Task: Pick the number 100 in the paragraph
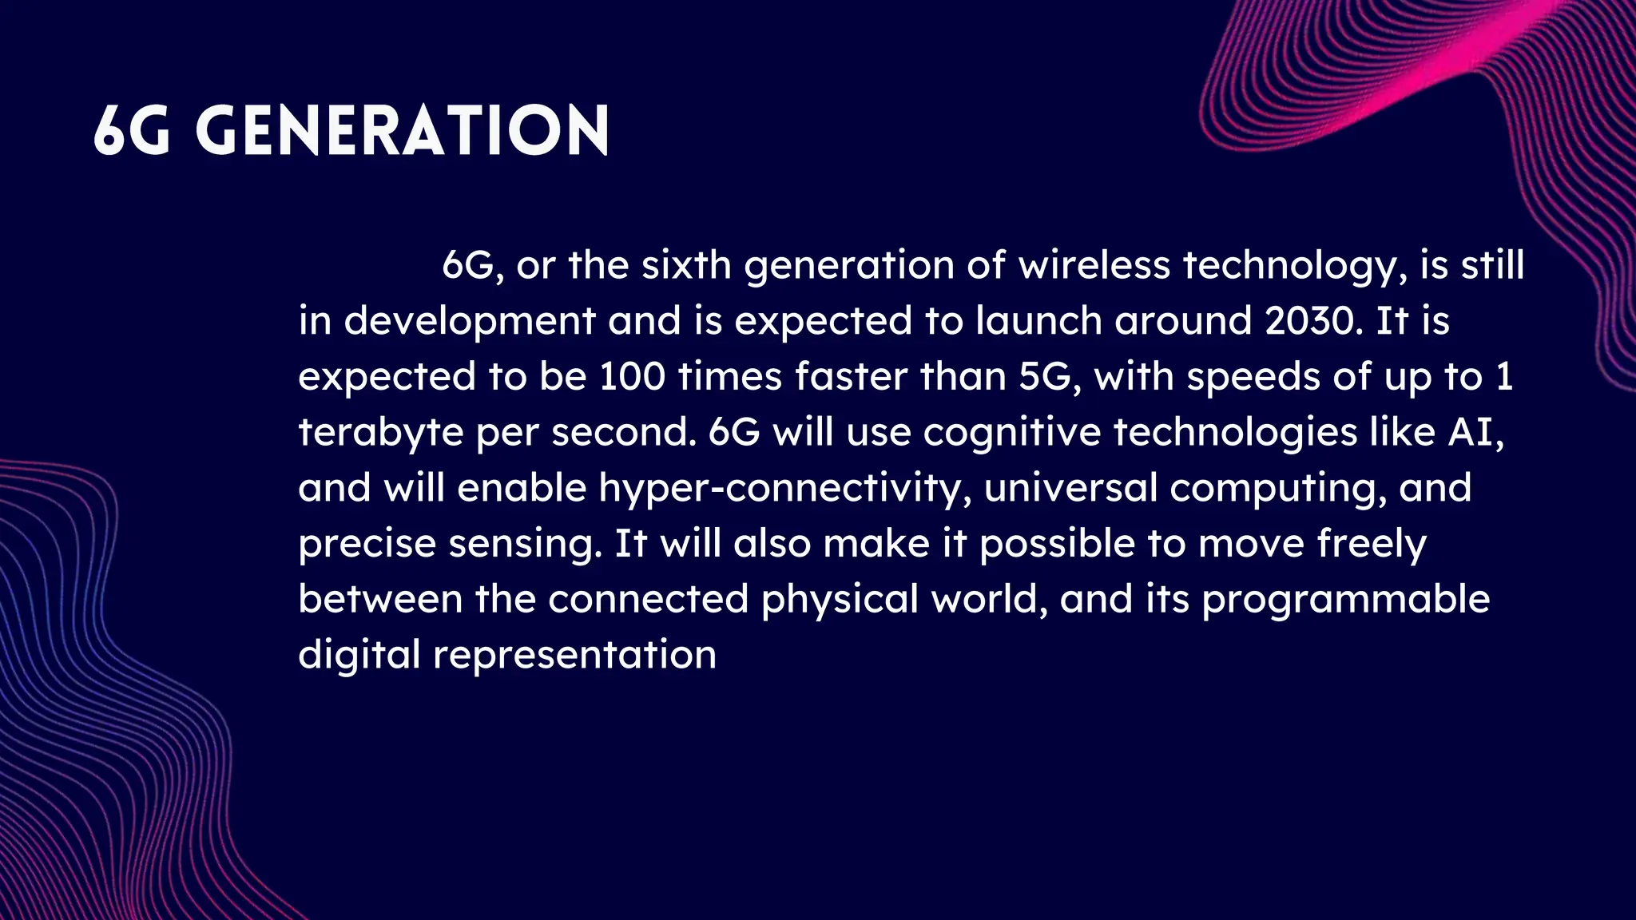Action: [x=632, y=376]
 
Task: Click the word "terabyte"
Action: [x=380, y=432]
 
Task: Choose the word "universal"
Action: [x=1070, y=488]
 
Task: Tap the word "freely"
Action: [x=1372, y=544]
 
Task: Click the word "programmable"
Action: [x=1346, y=599]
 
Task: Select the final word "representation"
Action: [x=574, y=655]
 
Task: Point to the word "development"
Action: [x=470, y=321]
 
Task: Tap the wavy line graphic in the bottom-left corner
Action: [x=96, y=719]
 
